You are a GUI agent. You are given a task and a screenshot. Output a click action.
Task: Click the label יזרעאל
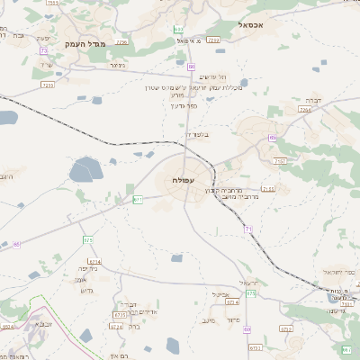pyautogui.click(x=249, y=283)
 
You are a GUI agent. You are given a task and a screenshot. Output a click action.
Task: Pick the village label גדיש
pyautogui.click(x=87, y=290)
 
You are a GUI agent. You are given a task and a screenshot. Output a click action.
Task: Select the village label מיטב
pyautogui.click(x=210, y=319)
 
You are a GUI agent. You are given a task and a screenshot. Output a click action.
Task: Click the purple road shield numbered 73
pyautogui.click(x=43, y=50)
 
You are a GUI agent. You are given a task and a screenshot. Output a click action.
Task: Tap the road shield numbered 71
pyautogui.click(x=247, y=230)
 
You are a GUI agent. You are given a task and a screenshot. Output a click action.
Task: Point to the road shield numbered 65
pyautogui.click(x=17, y=243)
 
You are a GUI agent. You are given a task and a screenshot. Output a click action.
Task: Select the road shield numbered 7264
pyautogui.click(x=305, y=109)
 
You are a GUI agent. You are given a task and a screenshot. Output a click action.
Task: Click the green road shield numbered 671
pyautogui.click(x=139, y=199)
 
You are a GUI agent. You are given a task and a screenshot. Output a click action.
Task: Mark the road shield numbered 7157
pyautogui.click(x=280, y=161)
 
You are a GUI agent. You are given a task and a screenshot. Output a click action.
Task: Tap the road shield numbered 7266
pyautogui.click(x=213, y=40)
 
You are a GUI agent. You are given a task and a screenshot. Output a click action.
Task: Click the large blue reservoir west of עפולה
pyautogui.click(x=87, y=169)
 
